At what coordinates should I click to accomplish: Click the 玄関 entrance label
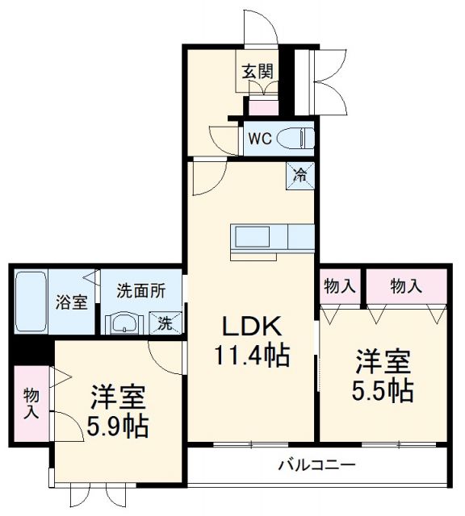[x=257, y=71]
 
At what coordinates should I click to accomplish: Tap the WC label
[x=259, y=138]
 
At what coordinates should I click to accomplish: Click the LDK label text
[x=251, y=327]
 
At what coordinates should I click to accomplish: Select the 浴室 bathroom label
[x=71, y=302]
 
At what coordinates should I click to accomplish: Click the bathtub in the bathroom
[x=31, y=301]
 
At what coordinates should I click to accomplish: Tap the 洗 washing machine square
[x=165, y=323]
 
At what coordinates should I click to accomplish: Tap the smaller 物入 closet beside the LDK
[x=340, y=285]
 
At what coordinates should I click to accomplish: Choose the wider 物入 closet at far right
[x=405, y=285]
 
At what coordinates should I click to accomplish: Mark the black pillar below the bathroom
[x=30, y=352]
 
